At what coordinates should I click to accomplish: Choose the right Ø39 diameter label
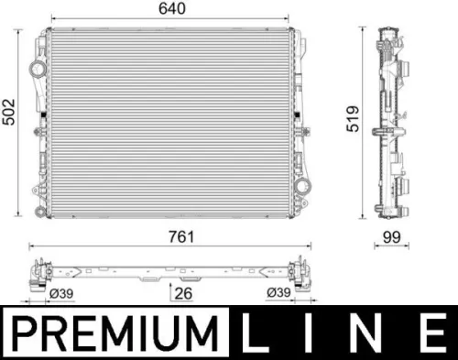[280, 293]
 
